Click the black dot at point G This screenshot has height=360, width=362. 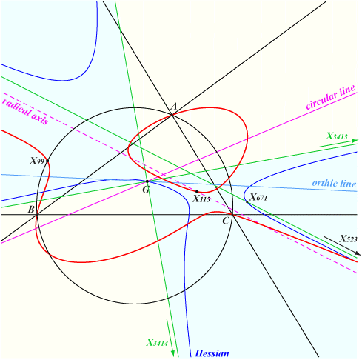tap(147, 181)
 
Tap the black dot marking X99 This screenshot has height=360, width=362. tap(47, 161)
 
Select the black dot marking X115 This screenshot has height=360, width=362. tap(197, 192)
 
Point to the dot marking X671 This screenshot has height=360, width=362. tap(247, 202)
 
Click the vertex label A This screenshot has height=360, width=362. tap(174, 107)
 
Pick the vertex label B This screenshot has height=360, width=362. tap(31, 210)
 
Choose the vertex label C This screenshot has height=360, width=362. tap(226, 221)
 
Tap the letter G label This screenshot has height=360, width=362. tap(146, 190)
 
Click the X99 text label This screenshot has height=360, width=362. tap(37, 161)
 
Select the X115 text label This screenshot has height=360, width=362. tap(201, 199)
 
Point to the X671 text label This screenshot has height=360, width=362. tap(258, 198)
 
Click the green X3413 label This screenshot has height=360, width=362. tap(337, 136)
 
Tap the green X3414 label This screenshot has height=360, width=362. tap(157, 343)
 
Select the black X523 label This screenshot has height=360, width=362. tap(348, 239)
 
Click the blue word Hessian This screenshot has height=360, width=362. tap(212, 353)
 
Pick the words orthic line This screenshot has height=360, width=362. tap(334, 184)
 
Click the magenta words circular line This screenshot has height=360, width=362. tap(331, 97)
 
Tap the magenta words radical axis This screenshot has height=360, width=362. tap(25, 112)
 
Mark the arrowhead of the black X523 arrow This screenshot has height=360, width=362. tap(358, 253)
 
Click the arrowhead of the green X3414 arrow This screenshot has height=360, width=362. tap(172, 353)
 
